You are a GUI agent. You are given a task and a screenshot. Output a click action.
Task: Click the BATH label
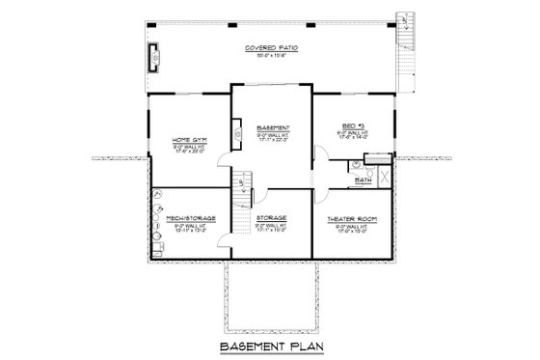click(x=363, y=180)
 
